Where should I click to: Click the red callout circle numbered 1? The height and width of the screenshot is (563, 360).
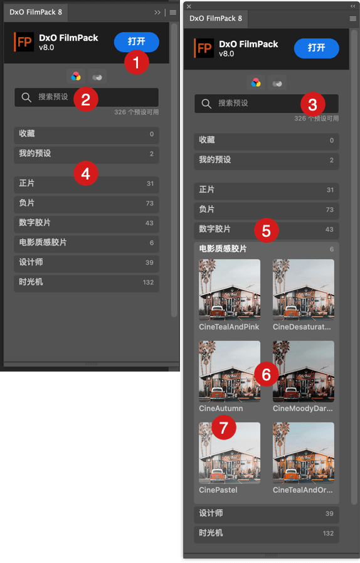(x=136, y=63)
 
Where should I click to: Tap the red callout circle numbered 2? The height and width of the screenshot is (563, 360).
(x=86, y=99)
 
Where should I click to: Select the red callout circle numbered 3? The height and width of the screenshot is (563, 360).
(x=312, y=104)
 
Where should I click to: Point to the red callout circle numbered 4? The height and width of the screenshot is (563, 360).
(x=86, y=173)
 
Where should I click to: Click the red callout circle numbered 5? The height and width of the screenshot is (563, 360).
(x=267, y=230)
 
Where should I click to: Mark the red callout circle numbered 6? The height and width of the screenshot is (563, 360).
(x=267, y=374)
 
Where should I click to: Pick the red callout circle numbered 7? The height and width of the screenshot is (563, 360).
(x=224, y=427)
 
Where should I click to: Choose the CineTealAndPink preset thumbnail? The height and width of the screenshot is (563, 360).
(x=230, y=289)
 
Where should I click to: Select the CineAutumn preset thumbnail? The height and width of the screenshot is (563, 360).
(x=230, y=372)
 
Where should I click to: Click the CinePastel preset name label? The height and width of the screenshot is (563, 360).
(x=218, y=490)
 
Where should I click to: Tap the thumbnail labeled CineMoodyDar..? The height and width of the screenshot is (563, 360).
(x=304, y=372)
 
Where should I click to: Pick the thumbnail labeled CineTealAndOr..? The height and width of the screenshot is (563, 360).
(x=304, y=453)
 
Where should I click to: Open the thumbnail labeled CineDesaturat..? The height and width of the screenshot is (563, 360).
(x=304, y=289)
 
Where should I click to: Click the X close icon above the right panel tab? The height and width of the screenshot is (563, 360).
(x=189, y=6)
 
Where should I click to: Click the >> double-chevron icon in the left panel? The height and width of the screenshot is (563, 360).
(x=157, y=12)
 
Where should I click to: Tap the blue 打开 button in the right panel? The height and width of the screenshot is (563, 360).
(x=316, y=48)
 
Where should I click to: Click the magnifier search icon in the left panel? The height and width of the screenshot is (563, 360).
(x=26, y=97)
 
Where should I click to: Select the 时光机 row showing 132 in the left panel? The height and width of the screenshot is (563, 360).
(x=87, y=282)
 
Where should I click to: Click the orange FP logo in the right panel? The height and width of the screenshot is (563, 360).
(x=204, y=48)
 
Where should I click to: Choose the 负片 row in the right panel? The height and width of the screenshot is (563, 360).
(x=267, y=210)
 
